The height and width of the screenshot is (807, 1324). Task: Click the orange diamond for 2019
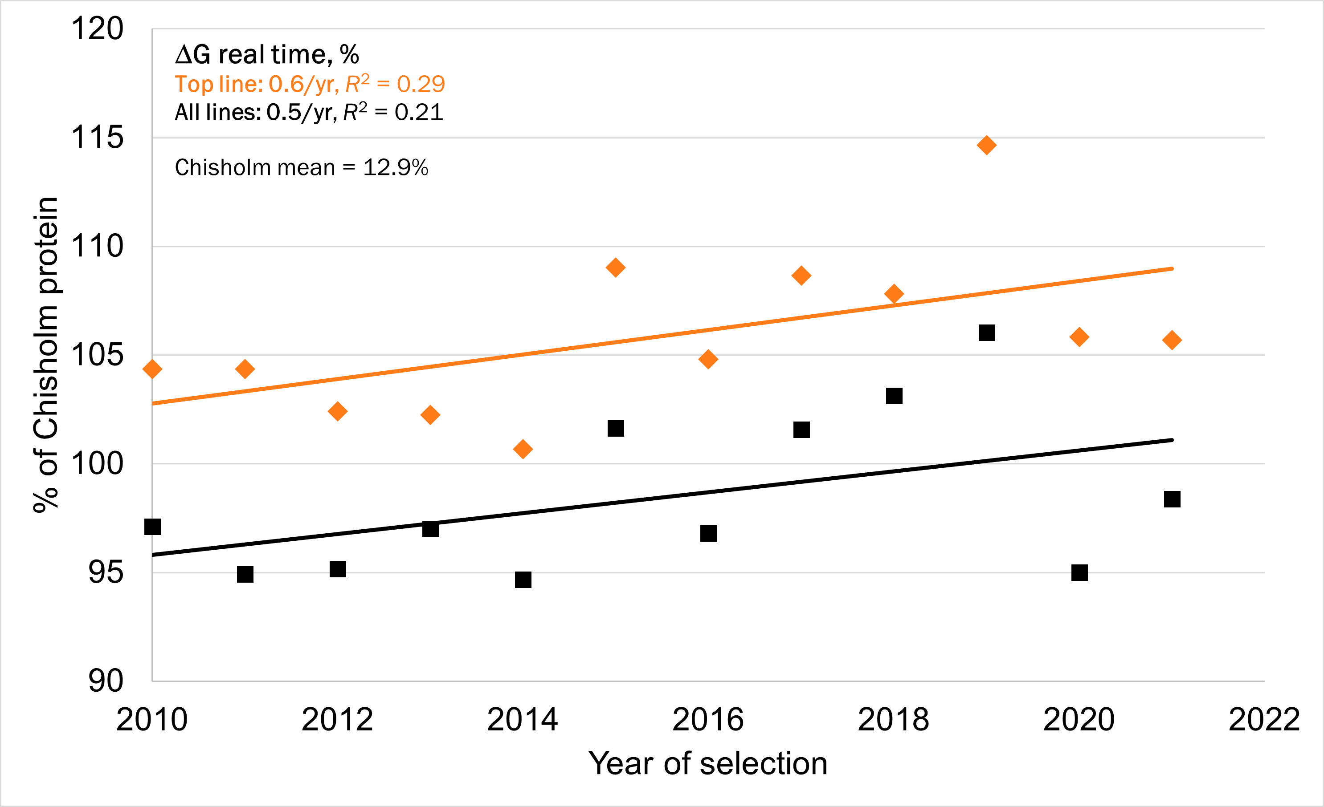coord(987,145)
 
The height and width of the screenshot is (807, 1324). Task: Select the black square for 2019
coord(987,333)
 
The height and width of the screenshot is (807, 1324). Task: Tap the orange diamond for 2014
coord(523,449)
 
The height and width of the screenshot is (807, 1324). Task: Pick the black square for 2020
coord(1079,572)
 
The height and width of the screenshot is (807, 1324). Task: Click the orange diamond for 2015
coord(616,268)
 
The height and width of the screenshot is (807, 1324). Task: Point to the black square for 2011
coord(245,575)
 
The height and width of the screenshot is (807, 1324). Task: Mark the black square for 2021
coord(1172,499)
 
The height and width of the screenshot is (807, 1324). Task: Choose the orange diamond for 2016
coord(708,359)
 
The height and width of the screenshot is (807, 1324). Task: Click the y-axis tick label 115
coord(97,138)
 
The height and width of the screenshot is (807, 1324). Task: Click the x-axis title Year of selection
coord(708,763)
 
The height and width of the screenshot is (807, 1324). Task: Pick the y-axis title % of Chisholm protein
coord(46,354)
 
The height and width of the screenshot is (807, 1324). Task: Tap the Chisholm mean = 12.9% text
coord(302,167)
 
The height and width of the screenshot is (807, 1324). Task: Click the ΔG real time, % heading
coord(267,55)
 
